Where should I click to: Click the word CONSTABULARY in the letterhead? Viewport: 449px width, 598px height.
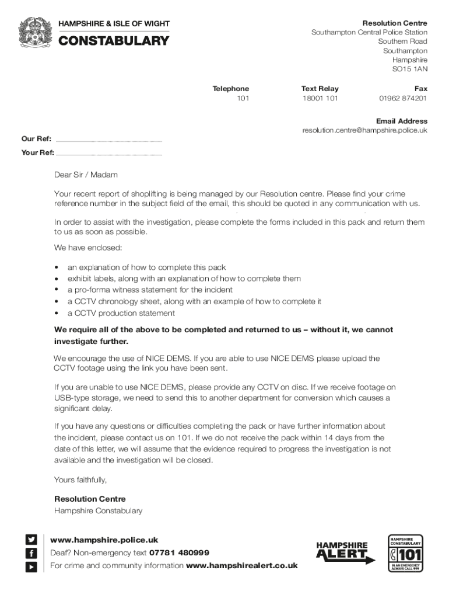[x=114, y=41]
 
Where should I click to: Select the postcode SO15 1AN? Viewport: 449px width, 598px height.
[x=409, y=69]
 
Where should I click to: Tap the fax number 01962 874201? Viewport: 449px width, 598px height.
[x=403, y=98]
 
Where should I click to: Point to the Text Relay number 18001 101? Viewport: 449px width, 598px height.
[x=320, y=98]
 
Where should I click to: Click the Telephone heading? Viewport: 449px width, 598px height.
[x=230, y=89]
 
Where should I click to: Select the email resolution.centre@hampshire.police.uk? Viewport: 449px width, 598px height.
[x=364, y=130]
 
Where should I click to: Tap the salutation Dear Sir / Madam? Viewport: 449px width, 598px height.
[x=86, y=175]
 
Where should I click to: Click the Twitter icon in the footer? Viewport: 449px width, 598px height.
[x=31, y=540]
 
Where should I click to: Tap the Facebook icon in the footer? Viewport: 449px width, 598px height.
[x=31, y=552]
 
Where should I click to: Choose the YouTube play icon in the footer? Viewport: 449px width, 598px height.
[x=31, y=565]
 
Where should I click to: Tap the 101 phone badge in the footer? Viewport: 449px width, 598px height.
[x=405, y=552]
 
